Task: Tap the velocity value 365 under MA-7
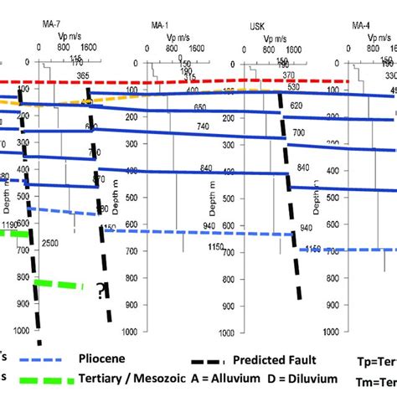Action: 82,75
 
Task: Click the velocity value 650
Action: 199,107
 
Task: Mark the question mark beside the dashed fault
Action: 101,290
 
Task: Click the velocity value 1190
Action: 11,225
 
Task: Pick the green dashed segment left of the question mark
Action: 59,285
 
